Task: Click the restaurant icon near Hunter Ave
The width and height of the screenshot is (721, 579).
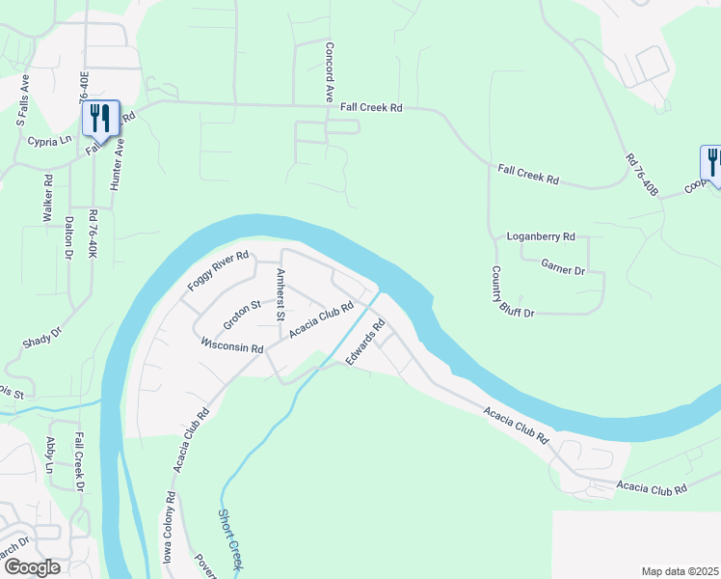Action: (100, 119)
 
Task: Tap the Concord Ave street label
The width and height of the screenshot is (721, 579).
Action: (329, 72)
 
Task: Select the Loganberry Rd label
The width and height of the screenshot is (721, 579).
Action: (540, 236)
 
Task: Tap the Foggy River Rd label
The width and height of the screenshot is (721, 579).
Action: (218, 274)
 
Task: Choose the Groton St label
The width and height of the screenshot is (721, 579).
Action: (243, 313)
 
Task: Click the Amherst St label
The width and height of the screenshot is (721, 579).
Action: (280, 294)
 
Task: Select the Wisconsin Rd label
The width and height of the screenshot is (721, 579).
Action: (232, 345)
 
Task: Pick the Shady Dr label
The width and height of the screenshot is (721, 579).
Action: (41, 338)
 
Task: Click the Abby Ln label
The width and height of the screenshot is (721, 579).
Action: (51, 456)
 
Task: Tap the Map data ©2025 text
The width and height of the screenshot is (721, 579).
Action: (680, 571)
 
